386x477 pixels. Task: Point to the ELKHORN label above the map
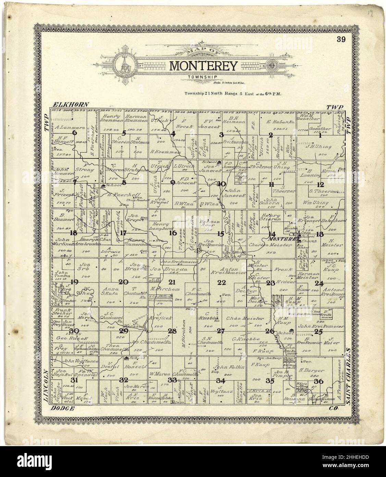coord(71,104)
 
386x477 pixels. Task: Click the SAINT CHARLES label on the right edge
coord(349,377)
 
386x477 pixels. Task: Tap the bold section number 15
coord(221,234)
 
